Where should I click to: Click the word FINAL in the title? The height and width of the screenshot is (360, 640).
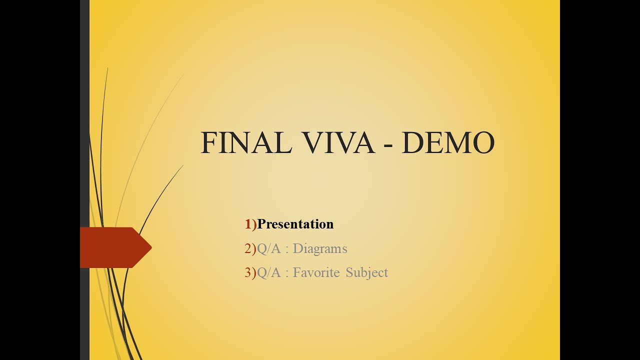tap(246, 143)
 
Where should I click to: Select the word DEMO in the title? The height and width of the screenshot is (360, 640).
tap(447, 143)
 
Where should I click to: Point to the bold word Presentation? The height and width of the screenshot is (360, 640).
tap(295, 224)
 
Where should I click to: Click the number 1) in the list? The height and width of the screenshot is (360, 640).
tap(250, 224)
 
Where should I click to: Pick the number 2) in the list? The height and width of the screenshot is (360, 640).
tap(250, 248)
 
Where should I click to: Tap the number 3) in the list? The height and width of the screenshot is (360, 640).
tap(250, 272)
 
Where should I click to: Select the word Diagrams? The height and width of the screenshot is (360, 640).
tap(320, 248)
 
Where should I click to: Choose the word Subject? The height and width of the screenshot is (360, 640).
tap(366, 273)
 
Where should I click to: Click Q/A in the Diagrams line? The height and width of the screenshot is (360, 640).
tap(268, 248)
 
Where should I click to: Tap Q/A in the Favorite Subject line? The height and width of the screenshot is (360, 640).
tap(268, 272)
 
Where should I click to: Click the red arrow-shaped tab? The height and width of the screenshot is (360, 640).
tap(112, 247)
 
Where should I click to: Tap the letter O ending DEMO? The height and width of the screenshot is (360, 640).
tap(483, 143)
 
